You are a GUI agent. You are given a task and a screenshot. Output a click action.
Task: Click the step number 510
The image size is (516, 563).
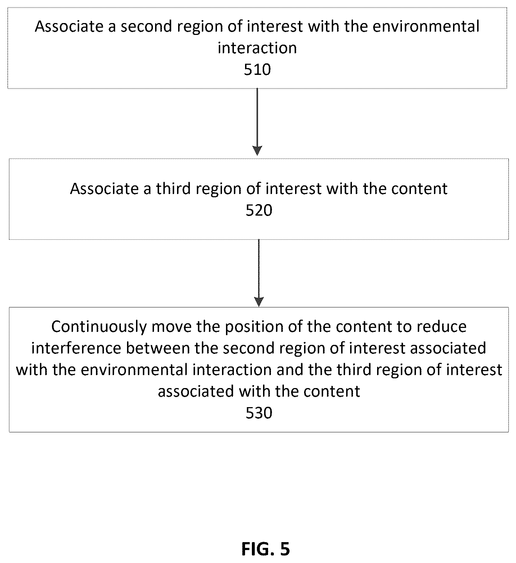257,69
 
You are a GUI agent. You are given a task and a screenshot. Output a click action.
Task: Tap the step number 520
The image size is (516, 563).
259,211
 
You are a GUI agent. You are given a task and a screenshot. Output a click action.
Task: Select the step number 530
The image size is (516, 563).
259,413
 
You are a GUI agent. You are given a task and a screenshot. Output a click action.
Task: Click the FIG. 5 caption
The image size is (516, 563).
266,549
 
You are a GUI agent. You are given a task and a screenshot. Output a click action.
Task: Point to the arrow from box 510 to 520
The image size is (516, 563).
257,122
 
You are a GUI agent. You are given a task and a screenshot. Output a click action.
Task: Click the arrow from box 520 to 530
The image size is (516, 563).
259,273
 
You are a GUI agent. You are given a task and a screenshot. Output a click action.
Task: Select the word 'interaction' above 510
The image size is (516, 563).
257,48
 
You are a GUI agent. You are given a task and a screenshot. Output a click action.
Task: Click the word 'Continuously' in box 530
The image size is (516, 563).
99,327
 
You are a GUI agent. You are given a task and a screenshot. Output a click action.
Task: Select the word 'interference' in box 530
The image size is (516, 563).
79,348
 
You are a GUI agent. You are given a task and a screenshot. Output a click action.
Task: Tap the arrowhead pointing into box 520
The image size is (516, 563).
257,150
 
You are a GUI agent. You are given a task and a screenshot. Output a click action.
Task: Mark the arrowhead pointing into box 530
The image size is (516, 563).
259,302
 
